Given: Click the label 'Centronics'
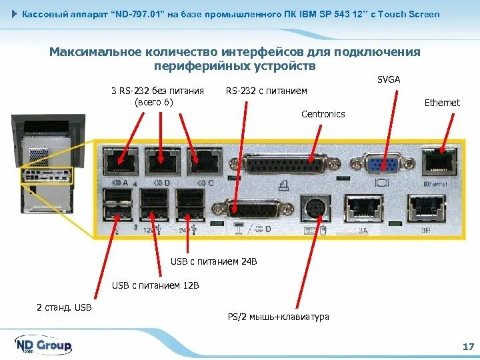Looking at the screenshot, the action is point(323,114).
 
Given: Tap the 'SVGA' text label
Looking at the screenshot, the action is point(388,79).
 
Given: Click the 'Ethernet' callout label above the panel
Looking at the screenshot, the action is point(442,103).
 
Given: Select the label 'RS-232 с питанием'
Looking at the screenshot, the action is point(267,91).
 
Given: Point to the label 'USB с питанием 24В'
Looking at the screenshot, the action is point(213,262).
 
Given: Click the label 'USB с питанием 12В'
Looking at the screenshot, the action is point(155,285).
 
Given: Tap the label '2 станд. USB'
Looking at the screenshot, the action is point(64,307).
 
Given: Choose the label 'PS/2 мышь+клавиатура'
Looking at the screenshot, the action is point(279,317).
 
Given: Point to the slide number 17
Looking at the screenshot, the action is point(467,347).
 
